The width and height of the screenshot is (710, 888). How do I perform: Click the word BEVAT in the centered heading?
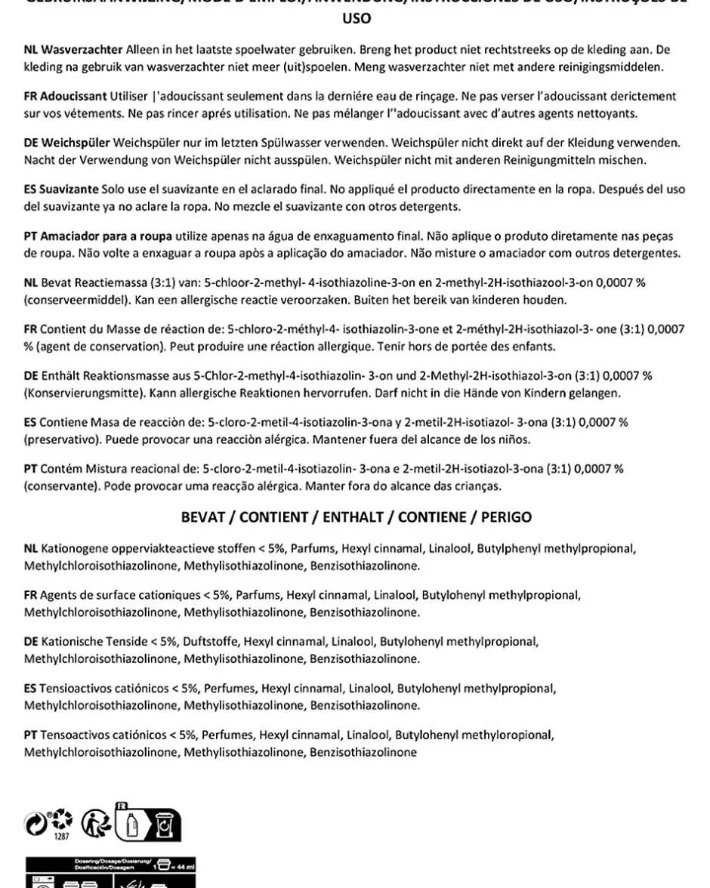click(x=206, y=518)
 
